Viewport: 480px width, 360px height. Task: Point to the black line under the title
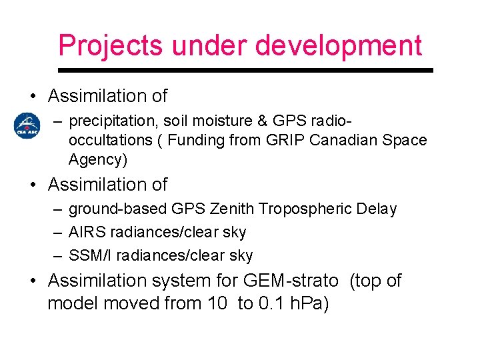point(245,69)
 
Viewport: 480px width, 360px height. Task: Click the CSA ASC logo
point(28,126)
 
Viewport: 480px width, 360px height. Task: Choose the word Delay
point(377,209)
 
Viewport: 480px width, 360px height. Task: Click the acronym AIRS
point(86,233)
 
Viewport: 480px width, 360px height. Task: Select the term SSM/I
point(88,255)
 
